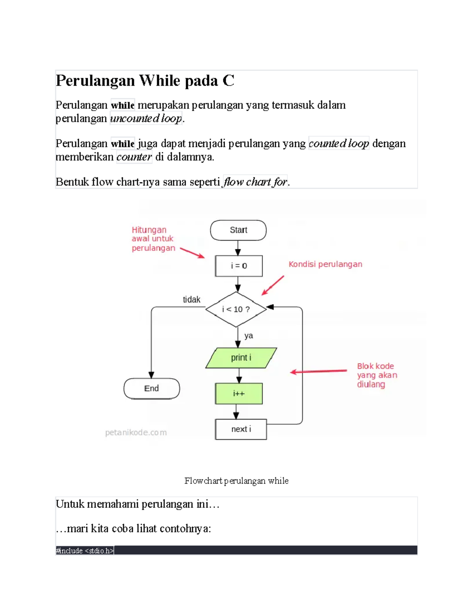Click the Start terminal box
pyautogui.click(x=238, y=230)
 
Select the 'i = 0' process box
pyautogui.click(x=238, y=266)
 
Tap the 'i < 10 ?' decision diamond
pyautogui.click(x=236, y=309)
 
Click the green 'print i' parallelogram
pyautogui.click(x=241, y=358)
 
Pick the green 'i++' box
pyautogui.click(x=238, y=394)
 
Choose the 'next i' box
pyautogui.click(x=241, y=429)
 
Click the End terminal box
pyautogui.click(x=151, y=388)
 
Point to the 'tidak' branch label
pyautogui.click(x=192, y=300)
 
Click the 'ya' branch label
pyautogui.click(x=248, y=336)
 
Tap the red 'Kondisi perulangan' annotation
pyautogui.click(x=325, y=264)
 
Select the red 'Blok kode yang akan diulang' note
pyautogui.click(x=376, y=375)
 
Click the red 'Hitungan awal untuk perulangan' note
pyautogui.click(x=153, y=239)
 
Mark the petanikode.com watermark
pyautogui.click(x=136, y=433)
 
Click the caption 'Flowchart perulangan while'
pyautogui.click(x=236, y=481)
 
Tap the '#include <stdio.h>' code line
pyautogui.click(x=85, y=551)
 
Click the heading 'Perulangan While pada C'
pyautogui.click(x=145, y=81)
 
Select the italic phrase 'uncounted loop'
pyautogui.click(x=146, y=118)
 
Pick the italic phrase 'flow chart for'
pyautogui.click(x=255, y=182)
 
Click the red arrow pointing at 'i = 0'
pyautogui.click(x=192, y=253)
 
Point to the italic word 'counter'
pyautogui.click(x=134, y=157)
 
